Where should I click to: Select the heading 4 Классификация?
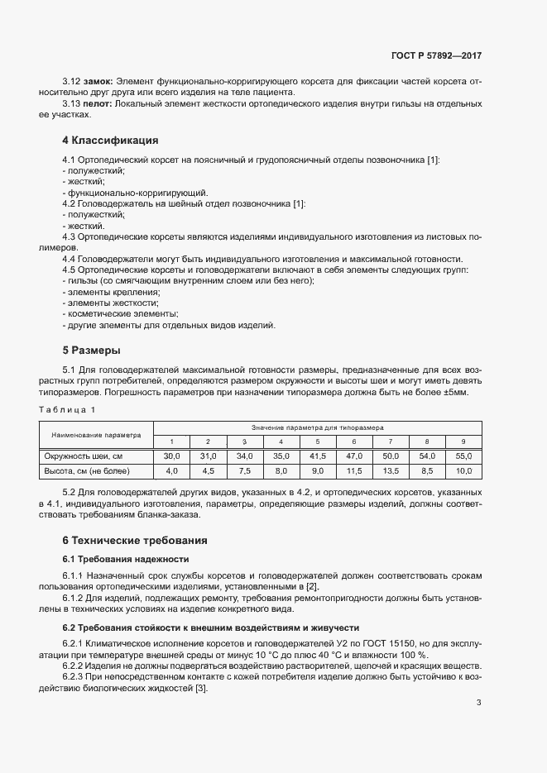110,140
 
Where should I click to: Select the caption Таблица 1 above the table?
70,410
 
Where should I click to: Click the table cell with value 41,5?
317,456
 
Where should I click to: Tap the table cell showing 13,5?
390,471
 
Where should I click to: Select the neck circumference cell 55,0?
463,456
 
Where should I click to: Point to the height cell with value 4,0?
171,471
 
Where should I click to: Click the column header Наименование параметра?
96,434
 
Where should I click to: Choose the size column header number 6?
353,441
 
